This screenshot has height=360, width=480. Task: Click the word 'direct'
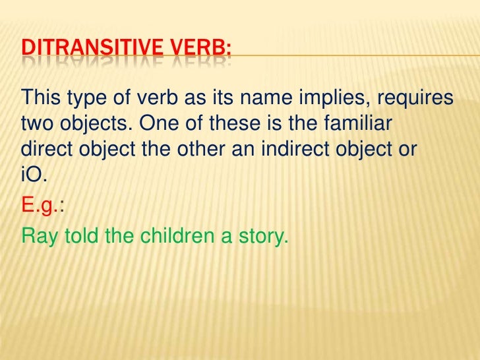[x=50, y=148]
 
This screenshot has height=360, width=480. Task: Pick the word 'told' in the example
[x=80, y=236]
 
